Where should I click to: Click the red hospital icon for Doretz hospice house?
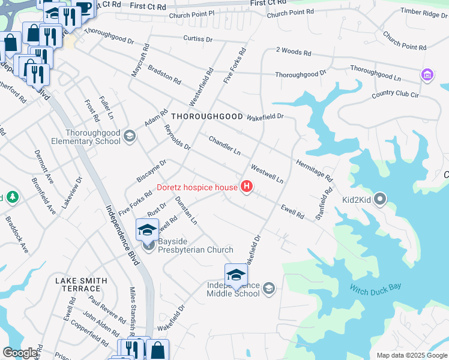[246, 187]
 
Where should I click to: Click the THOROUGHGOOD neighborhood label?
[207, 116]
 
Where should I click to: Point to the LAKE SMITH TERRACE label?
[81, 284]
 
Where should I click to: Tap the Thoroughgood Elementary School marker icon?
[128, 137]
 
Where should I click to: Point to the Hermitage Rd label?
[313, 170]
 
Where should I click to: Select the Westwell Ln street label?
[267, 173]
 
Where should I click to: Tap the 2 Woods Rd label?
[294, 53]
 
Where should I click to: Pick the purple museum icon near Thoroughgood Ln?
[427, 75]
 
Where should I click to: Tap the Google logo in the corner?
[20, 353]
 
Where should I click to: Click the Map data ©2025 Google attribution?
[411, 355]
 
